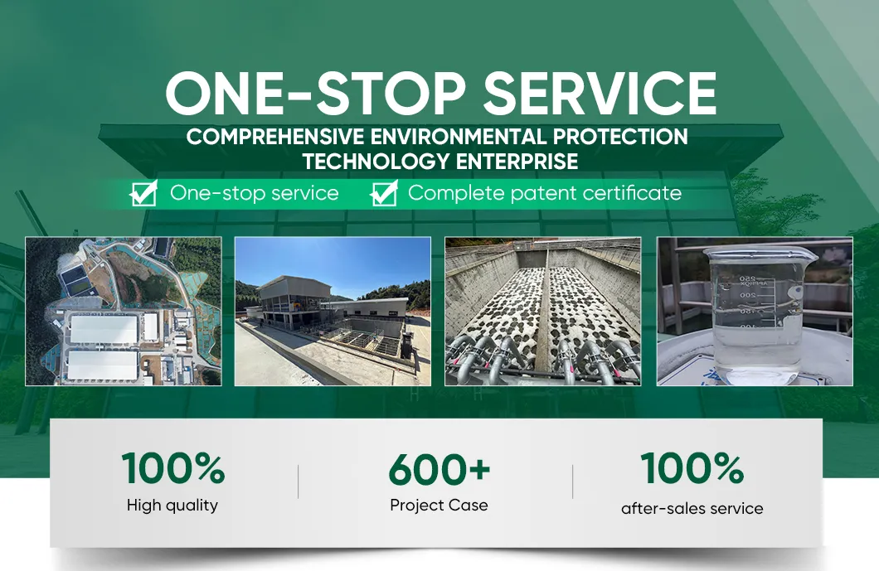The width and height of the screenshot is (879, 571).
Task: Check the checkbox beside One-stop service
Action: tap(143, 194)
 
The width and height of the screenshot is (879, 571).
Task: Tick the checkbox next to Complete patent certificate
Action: tap(383, 194)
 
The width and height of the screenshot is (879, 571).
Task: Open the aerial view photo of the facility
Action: tap(123, 312)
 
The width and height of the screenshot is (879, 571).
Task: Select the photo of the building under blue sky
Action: tap(333, 312)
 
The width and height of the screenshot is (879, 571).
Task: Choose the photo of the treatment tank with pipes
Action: tap(543, 312)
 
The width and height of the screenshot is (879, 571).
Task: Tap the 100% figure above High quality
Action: tap(173, 468)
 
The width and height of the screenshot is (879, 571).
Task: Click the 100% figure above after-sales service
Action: tap(692, 469)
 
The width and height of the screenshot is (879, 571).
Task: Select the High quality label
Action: tap(172, 505)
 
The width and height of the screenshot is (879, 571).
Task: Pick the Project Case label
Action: tap(439, 505)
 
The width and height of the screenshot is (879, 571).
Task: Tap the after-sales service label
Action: tap(692, 508)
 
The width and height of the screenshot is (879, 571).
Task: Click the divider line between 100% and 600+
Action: tap(298, 481)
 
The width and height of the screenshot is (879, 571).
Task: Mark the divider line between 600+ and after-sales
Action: tap(572, 481)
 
